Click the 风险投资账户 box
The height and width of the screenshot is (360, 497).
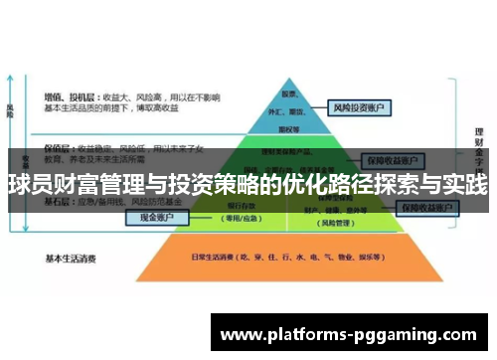click(x=361, y=106)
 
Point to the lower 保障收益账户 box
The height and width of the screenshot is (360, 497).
click(x=426, y=208)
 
